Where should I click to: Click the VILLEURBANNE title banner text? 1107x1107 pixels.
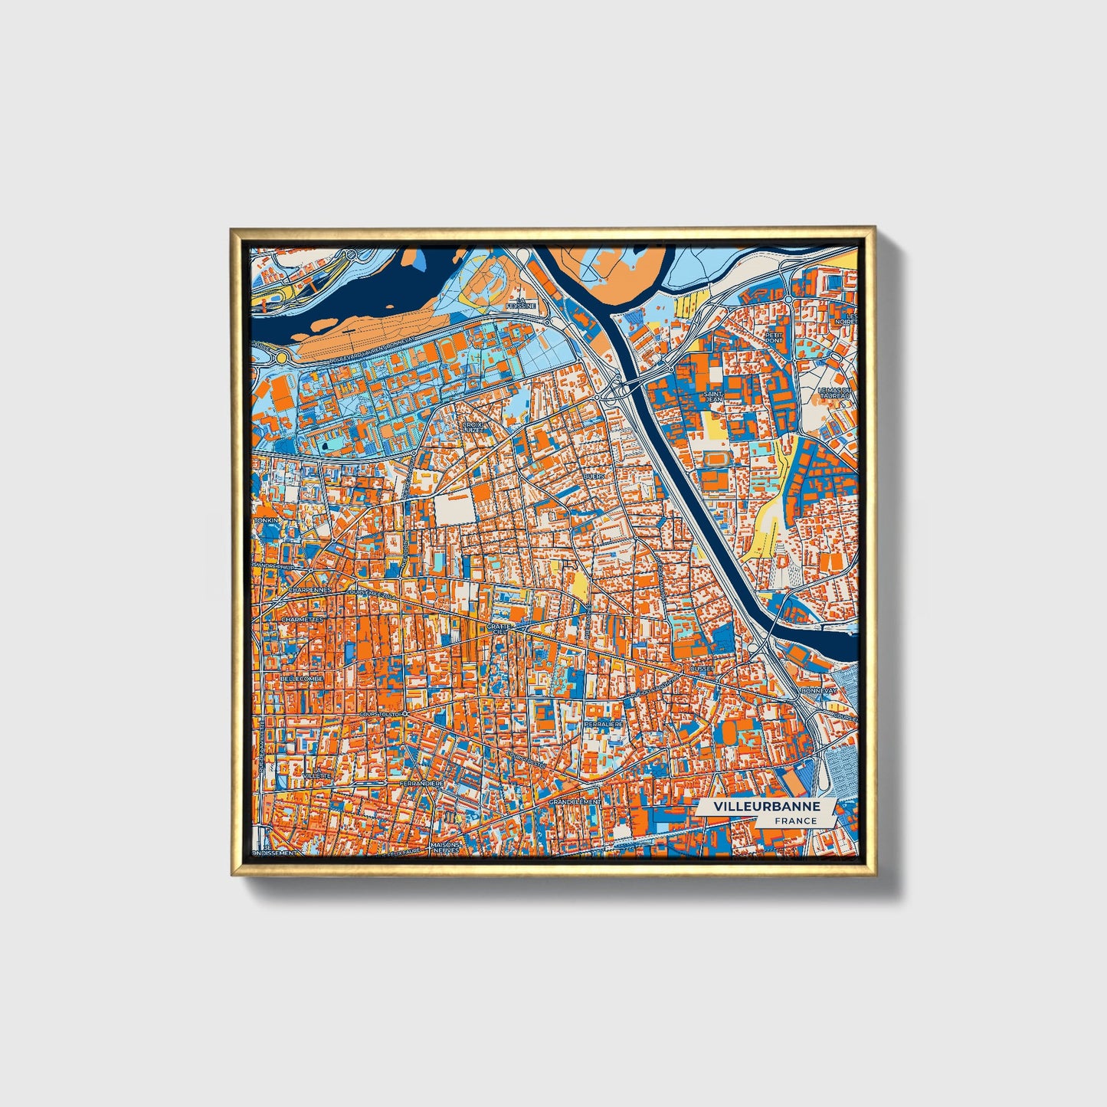point(767,807)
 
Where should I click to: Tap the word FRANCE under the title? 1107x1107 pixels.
point(795,820)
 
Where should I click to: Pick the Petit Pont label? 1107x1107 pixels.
point(774,336)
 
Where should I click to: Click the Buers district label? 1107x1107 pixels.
point(594,476)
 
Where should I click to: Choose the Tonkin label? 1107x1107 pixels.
point(268,520)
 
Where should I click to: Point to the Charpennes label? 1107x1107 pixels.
point(310,590)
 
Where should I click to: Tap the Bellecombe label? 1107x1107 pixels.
point(301,679)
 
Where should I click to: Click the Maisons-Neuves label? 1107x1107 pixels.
point(444,849)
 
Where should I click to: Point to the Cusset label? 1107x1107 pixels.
point(702,668)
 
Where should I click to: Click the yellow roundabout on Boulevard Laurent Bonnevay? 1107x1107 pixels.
point(282,358)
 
